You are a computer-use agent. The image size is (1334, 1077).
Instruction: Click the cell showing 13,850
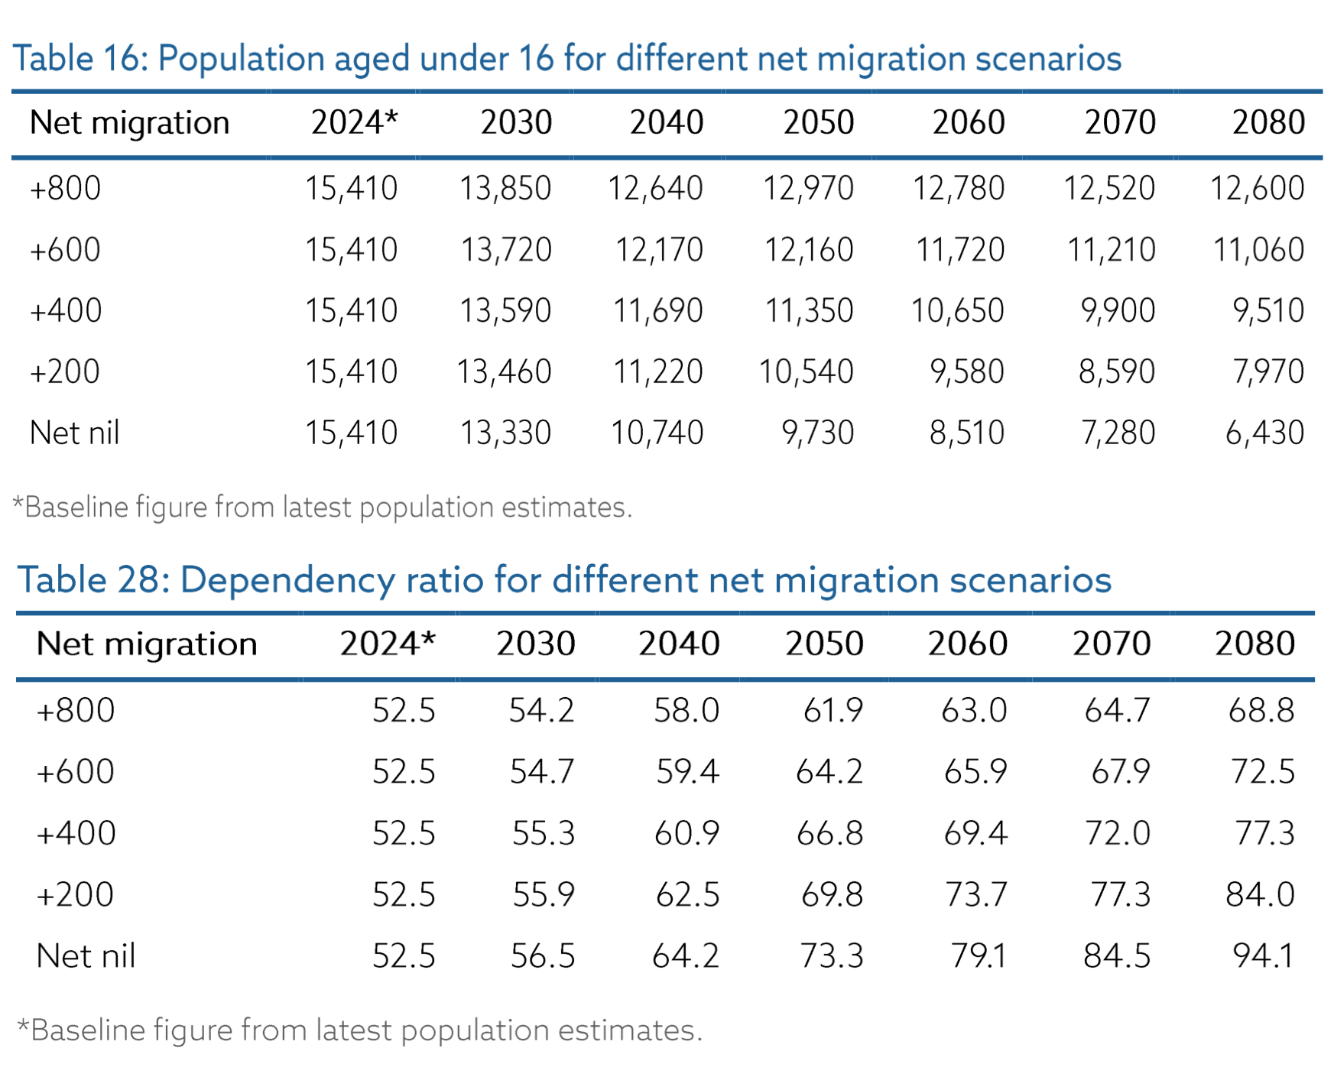pos(505,188)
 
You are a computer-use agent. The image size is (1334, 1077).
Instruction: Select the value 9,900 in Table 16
pos(1117,310)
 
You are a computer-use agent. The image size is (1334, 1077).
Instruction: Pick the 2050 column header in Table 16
pos(818,122)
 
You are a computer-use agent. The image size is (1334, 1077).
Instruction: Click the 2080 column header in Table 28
pos(1254,644)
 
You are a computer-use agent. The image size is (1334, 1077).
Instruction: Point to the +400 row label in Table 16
pos(66,310)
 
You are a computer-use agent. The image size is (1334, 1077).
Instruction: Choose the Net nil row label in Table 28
pos(86,955)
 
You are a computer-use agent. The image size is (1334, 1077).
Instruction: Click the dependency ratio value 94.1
pos(1263,955)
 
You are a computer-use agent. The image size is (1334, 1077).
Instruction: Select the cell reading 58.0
pos(686,710)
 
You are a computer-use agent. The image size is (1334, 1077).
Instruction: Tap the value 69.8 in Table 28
pos(831,894)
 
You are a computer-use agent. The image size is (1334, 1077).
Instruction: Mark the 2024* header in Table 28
pos(388,644)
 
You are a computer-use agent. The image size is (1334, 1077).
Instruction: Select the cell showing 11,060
pos(1258,249)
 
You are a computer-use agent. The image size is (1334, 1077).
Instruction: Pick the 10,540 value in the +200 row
pos(806,371)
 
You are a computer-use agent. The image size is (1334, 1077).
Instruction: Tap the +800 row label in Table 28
pos(76,710)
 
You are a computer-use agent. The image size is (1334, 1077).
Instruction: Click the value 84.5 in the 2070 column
pos(1116,955)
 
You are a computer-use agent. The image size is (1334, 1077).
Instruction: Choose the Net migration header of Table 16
pos(129,122)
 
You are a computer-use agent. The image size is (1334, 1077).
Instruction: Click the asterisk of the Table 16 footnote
pos(18,503)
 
